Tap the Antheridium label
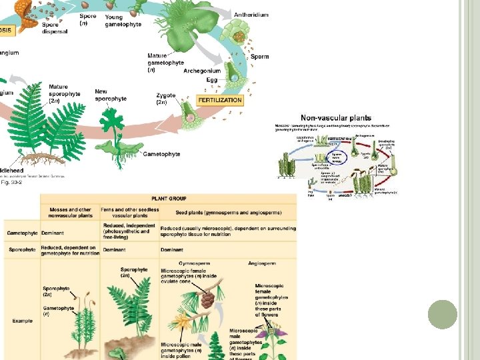click(251, 15)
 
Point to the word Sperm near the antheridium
click(259, 57)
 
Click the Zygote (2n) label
click(165, 99)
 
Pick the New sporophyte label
click(111, 95)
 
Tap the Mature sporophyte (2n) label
click(64, 94)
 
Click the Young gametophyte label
click(123, 21)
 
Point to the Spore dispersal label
click(54, 29)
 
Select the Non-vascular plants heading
click(336, 118)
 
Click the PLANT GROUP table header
click(168, 198)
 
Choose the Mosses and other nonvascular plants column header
click(70, 213)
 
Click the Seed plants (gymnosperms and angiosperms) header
click(229, 213)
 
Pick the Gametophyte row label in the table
click(21, 233)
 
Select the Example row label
click(22, 321)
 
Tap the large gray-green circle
click(441, 314)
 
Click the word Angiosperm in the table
click(262, 263)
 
